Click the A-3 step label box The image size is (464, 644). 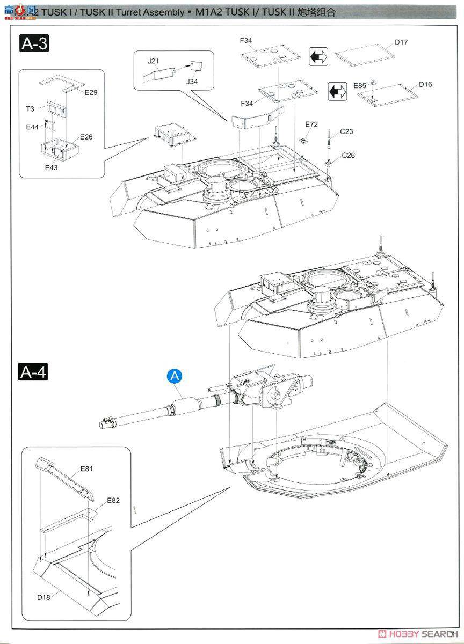pos(34,43)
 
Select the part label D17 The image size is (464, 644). pos(401,42)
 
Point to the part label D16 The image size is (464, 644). pos(425,84)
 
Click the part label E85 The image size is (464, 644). pos(360,85)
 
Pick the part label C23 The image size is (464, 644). pos(346,131)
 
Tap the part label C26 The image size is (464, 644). pos(348,156)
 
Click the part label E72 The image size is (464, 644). pos(311,124)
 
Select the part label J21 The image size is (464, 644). pos(153,61)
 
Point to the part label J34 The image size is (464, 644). pos(192,82)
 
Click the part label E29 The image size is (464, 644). pos(91,93)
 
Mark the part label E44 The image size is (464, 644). pos(32,127)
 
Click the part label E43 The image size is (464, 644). pos(52,167)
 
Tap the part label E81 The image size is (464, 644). pos(87,469)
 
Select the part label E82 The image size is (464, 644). pos(113,500)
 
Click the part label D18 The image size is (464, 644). pos(44,597)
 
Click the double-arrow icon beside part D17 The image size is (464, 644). pos(318,56)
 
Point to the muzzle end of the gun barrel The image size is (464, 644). pos(103,424)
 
